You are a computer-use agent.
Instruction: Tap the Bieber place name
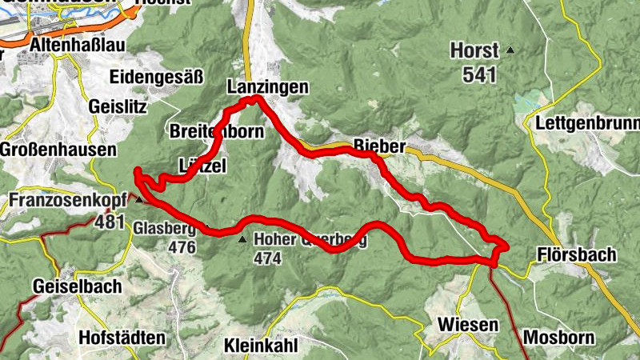pyautogui.click(x=380, y=147)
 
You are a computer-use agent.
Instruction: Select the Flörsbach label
pyautogui.click(x=576, y=255)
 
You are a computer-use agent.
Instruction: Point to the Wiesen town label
pyautogui.click(x=468, y=325)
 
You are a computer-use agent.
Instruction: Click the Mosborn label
pyautogui.click(x=559, y=337)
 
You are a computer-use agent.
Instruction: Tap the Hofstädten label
pyautogui.click(x=122, y=338)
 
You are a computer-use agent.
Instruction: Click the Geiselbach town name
pyautogui.click(x=77, y=286)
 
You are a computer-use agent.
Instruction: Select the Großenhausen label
pyautogui.click(x=58, y=150)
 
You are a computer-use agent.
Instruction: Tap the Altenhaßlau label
pyautogui.click(x=77, y=46)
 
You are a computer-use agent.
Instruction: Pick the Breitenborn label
pyautogui.click(x=216, y=131)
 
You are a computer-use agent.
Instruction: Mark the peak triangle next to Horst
pyautogui.click(x=510, y=50)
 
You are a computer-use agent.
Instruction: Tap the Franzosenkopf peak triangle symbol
pyautogui.click(x=139, y=199)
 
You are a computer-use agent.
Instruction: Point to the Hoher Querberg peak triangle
pyautogui.click(x=242, y=238)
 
